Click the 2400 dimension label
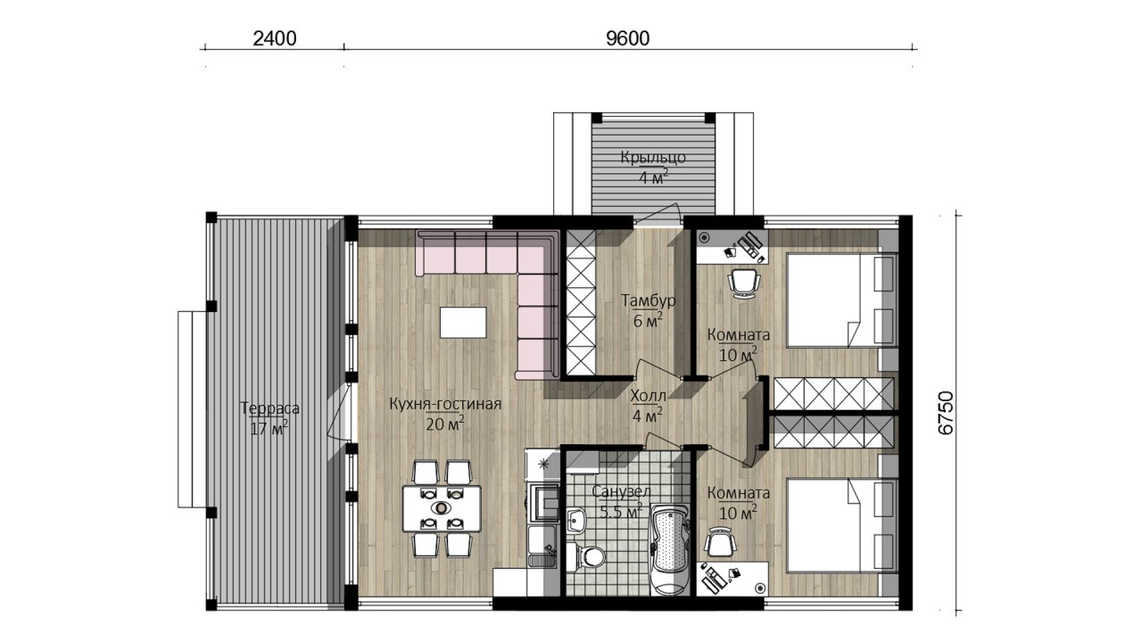coord(274,38)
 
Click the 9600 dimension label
coord(627,38)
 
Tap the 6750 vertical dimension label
coord(945,413)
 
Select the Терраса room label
coord(269,408)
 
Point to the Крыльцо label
coord(653,158)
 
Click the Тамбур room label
coord(648,300)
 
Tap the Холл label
coord(648,396)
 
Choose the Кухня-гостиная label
coord(445,404)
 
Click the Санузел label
coord(622,491)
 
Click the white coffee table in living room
coord(463,322)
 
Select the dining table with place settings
coord(442,508)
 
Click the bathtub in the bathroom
coord(669,549)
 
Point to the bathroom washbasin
coord(576,520)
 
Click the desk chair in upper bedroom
coord(744,283)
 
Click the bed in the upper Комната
coord(842,300)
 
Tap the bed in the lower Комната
coord(842,525)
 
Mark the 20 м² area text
coord(445,424)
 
